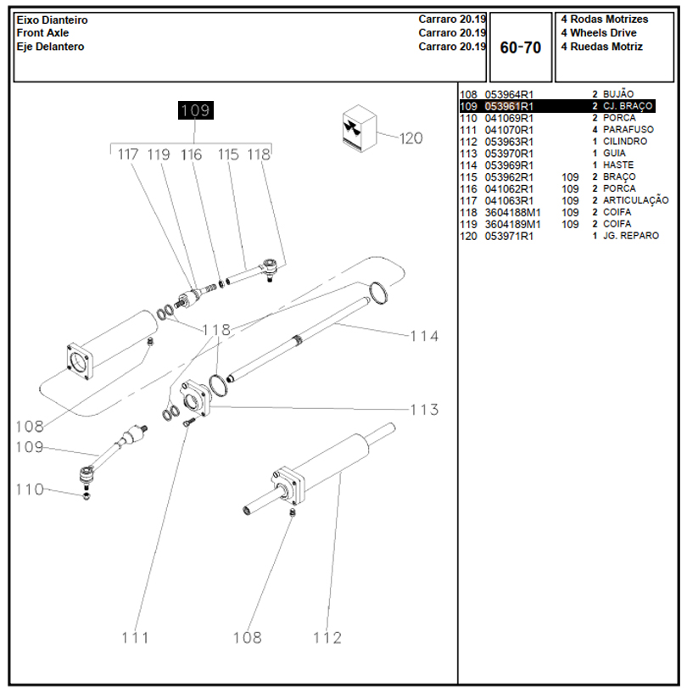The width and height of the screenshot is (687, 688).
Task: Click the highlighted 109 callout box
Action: tap(195, 110)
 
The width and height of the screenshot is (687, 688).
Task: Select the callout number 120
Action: tap(411, 138)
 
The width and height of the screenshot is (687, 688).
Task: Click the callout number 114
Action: tap(424, 336)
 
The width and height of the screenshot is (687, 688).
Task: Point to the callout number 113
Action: tap(424, 411)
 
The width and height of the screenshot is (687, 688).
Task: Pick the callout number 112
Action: tap(327, 637)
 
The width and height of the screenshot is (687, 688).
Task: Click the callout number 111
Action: tap(135, 637)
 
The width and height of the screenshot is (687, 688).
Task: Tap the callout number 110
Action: tap(29, 489)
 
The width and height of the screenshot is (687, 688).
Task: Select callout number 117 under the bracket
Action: tap(128, 155)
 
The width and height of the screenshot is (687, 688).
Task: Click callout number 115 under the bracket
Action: tap(228, 155)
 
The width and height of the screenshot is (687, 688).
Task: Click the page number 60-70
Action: tap(520, 48)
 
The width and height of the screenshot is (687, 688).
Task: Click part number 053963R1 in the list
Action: tap(509, 142)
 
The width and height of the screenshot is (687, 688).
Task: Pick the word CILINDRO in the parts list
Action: tap(624, 142)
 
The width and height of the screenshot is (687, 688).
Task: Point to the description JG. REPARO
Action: tap(630, 236)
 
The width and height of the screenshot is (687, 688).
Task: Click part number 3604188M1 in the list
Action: tap(512, 212)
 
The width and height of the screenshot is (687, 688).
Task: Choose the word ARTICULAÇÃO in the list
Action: tap(635, 200)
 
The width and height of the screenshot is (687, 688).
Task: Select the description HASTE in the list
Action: tap(617, 165)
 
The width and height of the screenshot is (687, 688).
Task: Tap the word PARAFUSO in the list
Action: tap(628, 130)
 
